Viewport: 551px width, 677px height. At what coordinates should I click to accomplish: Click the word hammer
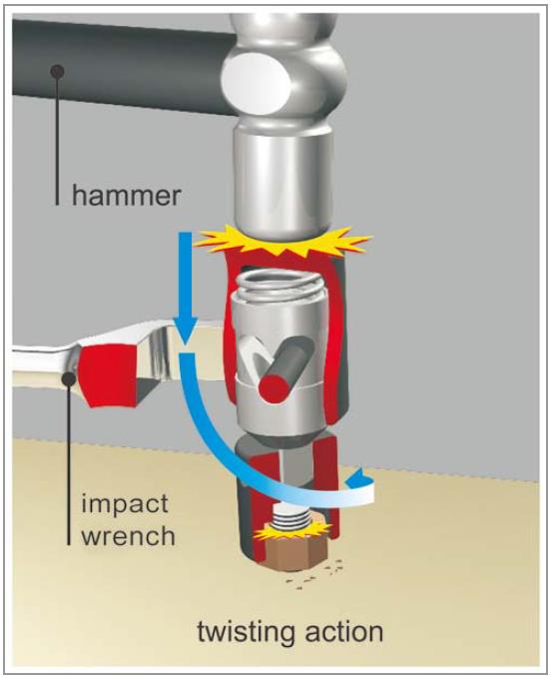coord(126,196)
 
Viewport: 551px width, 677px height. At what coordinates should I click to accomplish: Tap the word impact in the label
coord(125,503)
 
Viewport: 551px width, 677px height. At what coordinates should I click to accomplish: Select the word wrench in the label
coord(129,536)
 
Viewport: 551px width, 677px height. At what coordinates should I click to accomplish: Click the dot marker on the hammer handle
coord(57,71)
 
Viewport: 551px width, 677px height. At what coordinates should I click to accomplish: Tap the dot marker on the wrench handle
coord(69,378)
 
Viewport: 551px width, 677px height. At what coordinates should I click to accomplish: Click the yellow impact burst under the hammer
coord(282,243)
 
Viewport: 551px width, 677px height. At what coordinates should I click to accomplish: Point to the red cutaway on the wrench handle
coord(109,375)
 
